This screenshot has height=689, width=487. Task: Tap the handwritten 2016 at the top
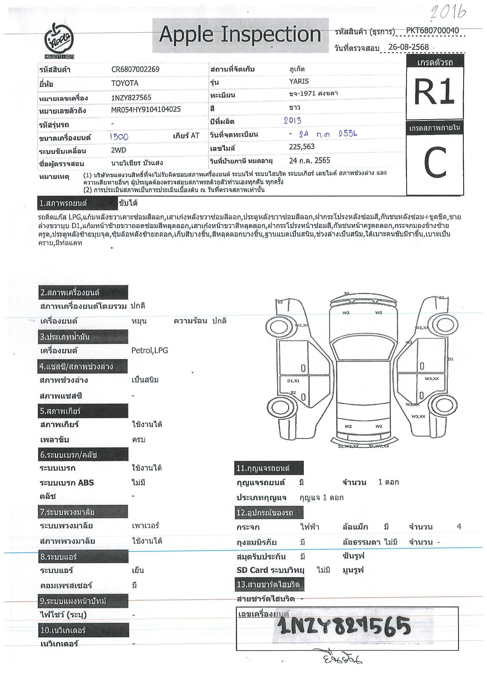click(448, 13)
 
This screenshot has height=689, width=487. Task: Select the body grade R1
click(434, 92)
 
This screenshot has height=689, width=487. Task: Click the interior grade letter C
click(435, 162)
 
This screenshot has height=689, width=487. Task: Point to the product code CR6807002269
click(135, 69)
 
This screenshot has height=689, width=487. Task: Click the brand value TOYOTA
click(125, 83)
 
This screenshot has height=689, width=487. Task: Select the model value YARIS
click(299, 81)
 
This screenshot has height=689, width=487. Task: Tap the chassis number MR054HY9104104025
click(146, 109)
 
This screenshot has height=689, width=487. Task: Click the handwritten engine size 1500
click(119, 137)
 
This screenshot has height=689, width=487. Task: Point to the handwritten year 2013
click(292, 121)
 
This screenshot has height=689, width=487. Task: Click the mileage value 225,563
click(302, 147)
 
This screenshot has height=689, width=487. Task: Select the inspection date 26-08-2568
click(408, 47)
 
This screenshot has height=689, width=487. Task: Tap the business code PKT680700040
click(432, 31)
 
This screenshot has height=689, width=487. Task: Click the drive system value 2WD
click(119, 150)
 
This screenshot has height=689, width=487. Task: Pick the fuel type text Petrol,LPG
click(150, 350)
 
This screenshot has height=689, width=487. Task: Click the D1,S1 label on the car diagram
click(293, 381)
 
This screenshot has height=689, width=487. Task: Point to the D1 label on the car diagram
click(450, 359)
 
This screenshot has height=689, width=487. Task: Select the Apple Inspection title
click(240, 34)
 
